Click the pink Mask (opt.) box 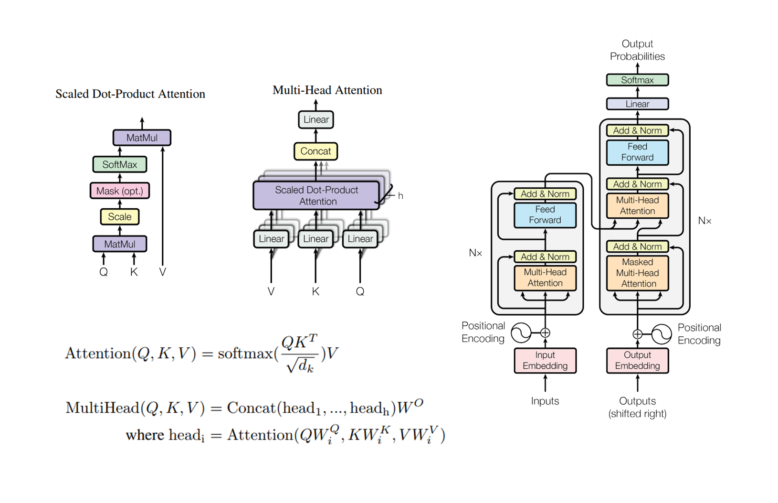tap(119, 191)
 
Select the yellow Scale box tap(119, 216)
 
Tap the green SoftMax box tap(119, 164)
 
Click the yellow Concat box tap(315, 151)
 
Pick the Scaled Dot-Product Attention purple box tap(317, 195)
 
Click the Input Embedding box tap(545, 360)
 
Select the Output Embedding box tap(637, 360)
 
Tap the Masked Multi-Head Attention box tap(637, 273)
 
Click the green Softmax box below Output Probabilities tap(637, 80)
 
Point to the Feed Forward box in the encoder tap(545, 214)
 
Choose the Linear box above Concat tap(315, 119)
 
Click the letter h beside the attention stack tap(400, 196)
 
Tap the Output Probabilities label tap(637, 50)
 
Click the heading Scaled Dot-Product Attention tap(130, 94)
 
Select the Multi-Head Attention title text tap(327, 90)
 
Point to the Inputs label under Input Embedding tap(545, 401)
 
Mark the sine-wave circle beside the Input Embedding tap(521, 333)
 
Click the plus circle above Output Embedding tap(637, 334)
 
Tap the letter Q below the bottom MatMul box tap(103, 272)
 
